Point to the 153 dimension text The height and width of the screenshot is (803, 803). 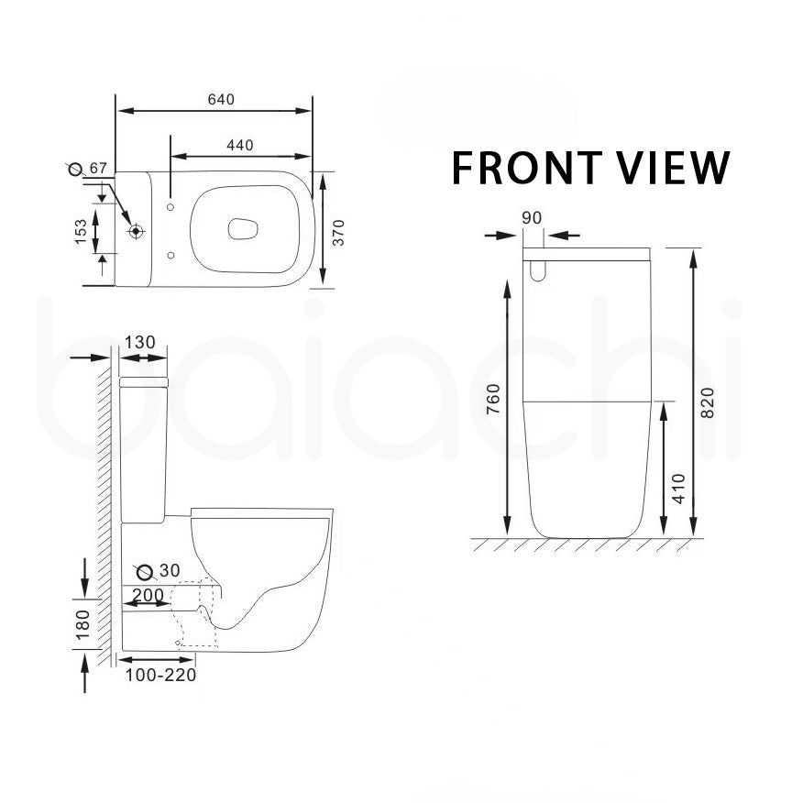(x=82, y=231)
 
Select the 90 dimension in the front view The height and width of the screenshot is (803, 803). (x=532, y=218)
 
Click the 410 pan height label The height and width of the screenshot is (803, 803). (x=678, y=489)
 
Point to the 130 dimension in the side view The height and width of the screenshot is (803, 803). (x=139, y=343)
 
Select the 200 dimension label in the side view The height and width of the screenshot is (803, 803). (x=148, y=596)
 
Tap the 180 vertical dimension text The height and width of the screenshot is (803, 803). (x=82, y=624)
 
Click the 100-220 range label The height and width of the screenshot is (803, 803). (x=159, y=676)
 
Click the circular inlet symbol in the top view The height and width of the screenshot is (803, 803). (x=137, y=231)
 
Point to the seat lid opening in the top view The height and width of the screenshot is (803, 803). (x=240, y=230)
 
